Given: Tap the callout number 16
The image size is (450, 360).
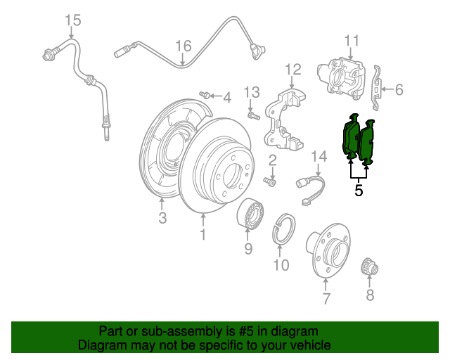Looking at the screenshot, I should click(183, 46).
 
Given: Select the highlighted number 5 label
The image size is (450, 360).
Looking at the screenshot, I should click(359, 190).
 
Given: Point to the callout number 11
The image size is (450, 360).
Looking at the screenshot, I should click(352, 40).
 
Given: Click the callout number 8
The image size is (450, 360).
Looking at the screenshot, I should click(371, 295).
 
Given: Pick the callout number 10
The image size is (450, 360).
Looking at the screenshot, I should click(281, 265).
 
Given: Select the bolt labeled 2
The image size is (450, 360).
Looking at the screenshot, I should click(269, 181).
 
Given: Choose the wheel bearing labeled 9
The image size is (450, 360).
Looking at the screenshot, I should click(248, 212).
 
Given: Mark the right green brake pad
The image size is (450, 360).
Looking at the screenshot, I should click(368, 143).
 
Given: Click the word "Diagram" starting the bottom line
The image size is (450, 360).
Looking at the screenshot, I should click(100, 345).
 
